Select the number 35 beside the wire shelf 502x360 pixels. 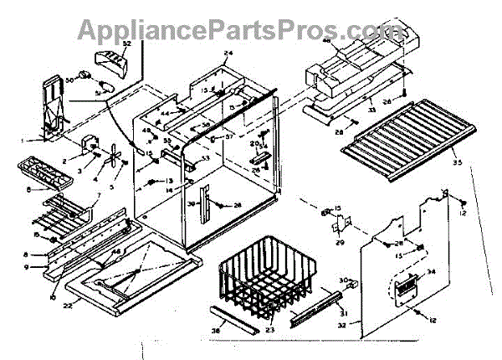pyautogui.click(x=457, y=156)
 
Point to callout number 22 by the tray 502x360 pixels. pyautogui.click(x=69, y=281)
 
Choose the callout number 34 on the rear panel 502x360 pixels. pyautogui.click(x=433, y=270)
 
